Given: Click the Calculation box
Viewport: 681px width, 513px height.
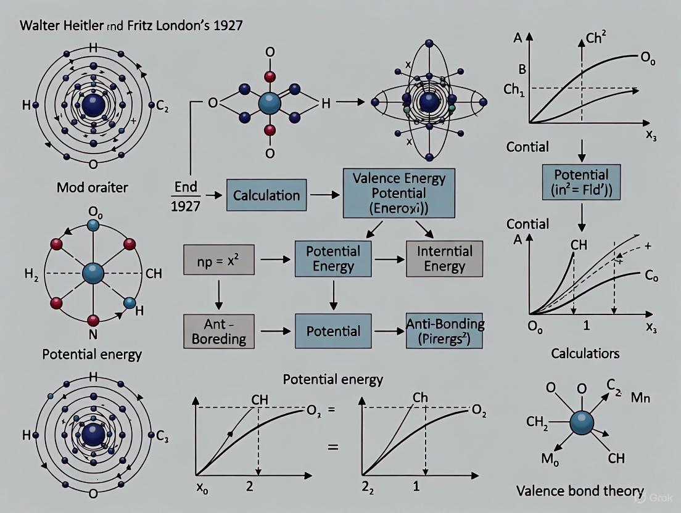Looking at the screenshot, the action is tap(266, 195).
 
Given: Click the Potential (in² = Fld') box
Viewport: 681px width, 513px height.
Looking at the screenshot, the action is tap(582, 181).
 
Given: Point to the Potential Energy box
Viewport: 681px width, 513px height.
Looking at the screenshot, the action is tap(333, 259).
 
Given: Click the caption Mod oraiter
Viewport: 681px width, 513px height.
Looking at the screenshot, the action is tap(93, 187).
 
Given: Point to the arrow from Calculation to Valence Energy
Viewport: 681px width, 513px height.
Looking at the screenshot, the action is tap(321, 195).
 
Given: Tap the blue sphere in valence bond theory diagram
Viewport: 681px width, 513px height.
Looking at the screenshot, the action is tap(582, 423).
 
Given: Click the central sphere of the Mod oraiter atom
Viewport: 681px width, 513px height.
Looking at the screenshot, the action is tap(93, 103).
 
